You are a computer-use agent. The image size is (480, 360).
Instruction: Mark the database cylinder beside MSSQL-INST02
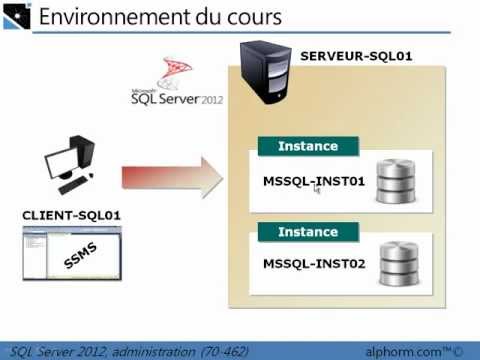397,265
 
